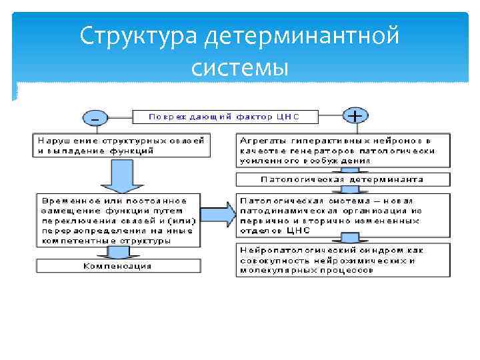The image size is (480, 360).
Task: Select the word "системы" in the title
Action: (239, 67)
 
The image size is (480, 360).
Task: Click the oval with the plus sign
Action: (356, 116)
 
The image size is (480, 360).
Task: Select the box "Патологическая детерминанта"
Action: (343, 179)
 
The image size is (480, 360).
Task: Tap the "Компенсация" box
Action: (117, 266)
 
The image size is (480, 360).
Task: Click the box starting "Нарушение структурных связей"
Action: (121, 145)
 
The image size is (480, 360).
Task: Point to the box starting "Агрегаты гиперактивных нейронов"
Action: (343, 151)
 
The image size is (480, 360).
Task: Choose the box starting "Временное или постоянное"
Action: (117, 220)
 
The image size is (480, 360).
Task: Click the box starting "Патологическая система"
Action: (343, 215)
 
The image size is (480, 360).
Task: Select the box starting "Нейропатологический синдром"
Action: (343, 260)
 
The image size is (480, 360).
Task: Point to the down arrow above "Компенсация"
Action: (117, 253)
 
